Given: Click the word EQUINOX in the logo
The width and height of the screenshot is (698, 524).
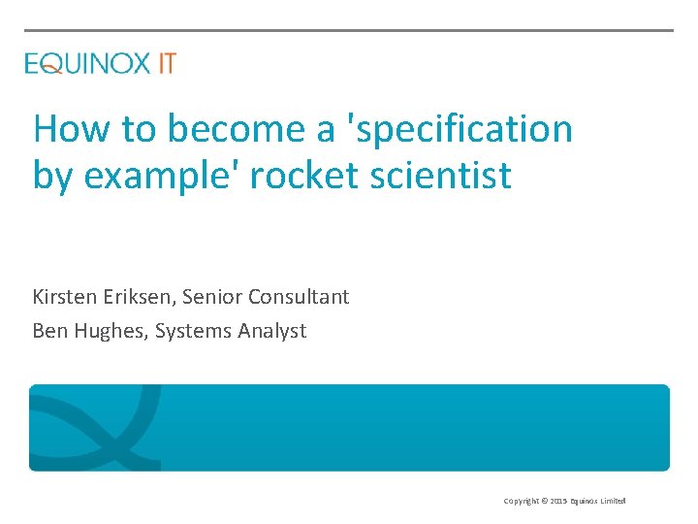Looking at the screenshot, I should tap(87, 64).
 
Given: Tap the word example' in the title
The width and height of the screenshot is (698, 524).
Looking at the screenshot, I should tap(150, 176).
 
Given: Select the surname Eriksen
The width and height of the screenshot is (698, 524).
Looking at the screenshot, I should tap(141, 297).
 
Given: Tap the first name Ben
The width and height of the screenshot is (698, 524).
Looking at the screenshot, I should tap(49, 331).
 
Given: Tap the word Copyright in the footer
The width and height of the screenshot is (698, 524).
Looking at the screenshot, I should tap(521, 501).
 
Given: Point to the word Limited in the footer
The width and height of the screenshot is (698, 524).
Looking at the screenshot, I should tap(612, 501).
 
